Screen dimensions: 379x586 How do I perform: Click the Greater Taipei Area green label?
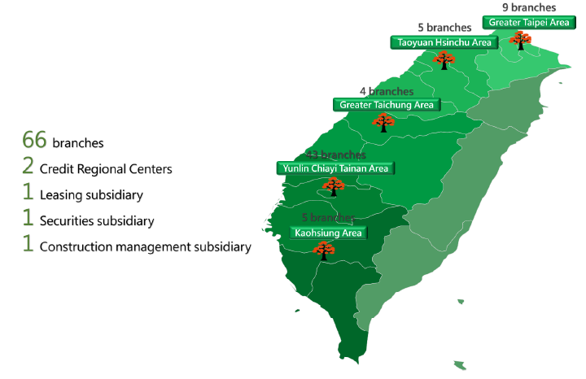(529, 22)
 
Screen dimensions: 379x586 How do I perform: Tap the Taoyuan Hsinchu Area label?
(443, 41)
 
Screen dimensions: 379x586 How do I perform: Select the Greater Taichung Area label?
(387, 104)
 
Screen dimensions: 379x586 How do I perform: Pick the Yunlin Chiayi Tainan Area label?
(335, 168)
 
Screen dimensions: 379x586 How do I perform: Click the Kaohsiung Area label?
(329, 233)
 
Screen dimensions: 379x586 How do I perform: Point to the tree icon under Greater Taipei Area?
(519, 39)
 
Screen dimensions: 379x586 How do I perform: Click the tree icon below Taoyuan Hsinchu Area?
(444, 59)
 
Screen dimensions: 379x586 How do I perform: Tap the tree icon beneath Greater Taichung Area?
(383, 122)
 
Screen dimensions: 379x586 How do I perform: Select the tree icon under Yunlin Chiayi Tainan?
(332, 187)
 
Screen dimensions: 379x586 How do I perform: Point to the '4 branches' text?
(386, 91)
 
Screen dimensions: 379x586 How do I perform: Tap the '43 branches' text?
(335, 155)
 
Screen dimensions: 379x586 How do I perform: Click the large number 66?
(34, 140)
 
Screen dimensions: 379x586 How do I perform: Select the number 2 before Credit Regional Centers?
(28, 168)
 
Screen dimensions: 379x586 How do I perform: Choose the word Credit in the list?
(55, 169)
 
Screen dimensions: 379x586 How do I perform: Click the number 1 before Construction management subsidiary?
(28, 245)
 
